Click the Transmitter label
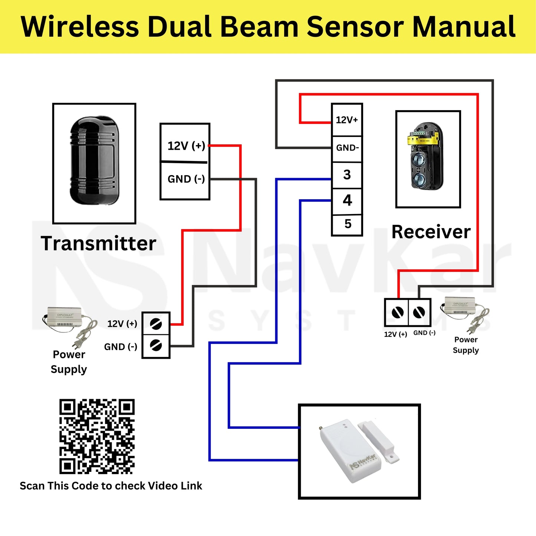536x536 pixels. pyautogui.click(x=98, y=243)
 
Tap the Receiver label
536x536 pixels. pyautogui.click(x=431, y=232)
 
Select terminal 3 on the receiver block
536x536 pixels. pyautogui.click(x=347, y=175)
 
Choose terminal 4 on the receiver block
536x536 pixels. pyautogui.click(x=347, y=200)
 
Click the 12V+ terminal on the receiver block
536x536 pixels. pyautogui.click(x=347, y=120)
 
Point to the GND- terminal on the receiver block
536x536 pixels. pyautogui.click(x=347, y=148)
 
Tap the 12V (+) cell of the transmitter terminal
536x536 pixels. pyautogui.click(x=185, y=145)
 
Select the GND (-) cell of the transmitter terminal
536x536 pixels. pyautogui.click(x=185, y=179)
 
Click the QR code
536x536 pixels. pyautogui.click(x=97, y=436)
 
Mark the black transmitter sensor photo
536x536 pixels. pyautogui.click(x=94, y=161)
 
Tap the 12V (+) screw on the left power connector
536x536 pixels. pyautogui.click(x=156, y=324)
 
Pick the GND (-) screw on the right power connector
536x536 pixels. pyautogui.click(x=420, y=312)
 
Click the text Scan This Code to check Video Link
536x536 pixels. pyautogui.click(x=111, y=486)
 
